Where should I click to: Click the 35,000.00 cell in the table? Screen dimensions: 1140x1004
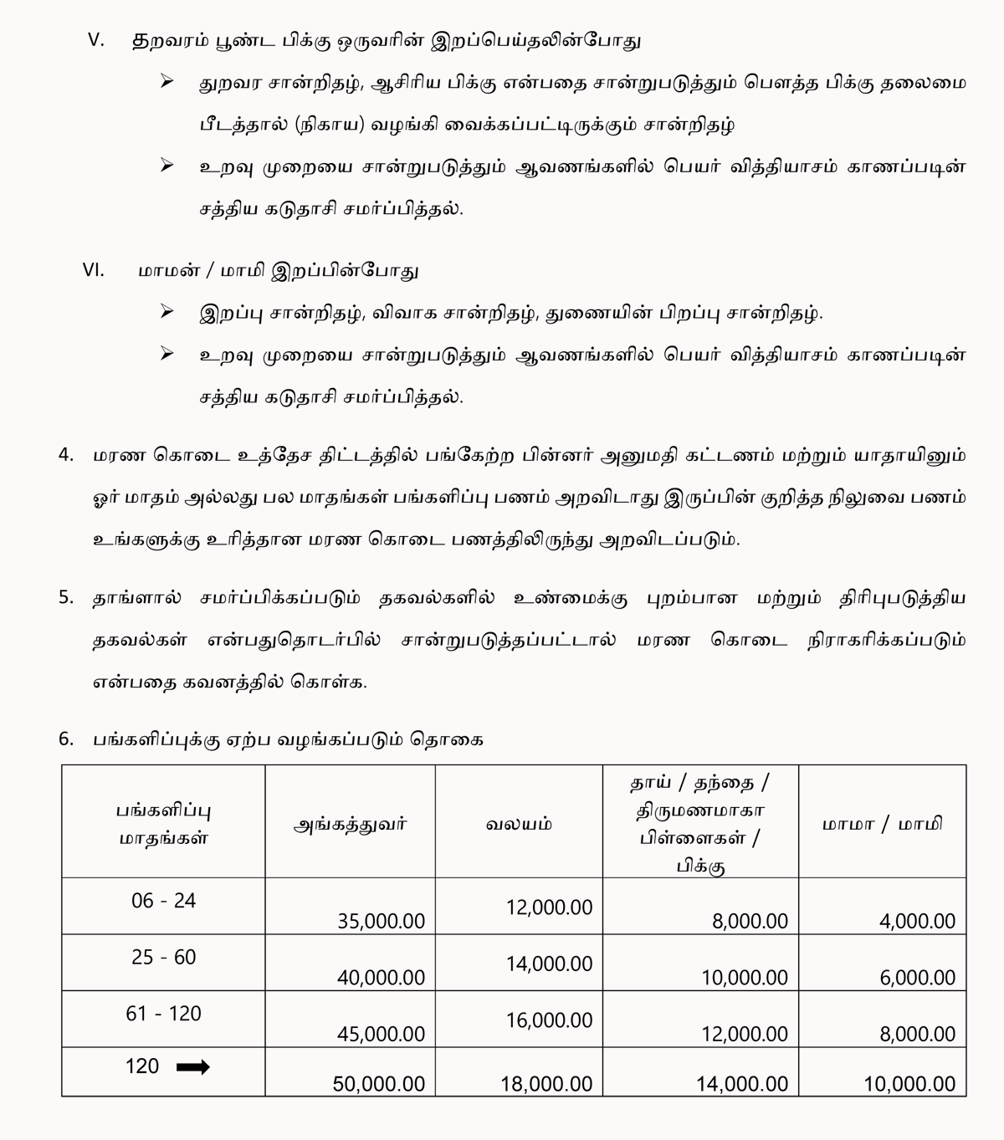coord(381,921)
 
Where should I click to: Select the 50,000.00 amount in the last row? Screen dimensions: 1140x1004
coord(378,1084)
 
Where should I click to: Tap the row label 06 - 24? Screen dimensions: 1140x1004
coord(163,901)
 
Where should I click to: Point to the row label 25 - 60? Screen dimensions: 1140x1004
coord(163,957)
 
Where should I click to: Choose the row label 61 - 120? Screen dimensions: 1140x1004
coord(163,1014)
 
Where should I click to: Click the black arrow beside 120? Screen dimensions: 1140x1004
coord(193,1066)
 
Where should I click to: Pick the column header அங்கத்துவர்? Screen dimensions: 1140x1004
coord(350,824)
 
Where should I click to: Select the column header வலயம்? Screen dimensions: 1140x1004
coord(519,824)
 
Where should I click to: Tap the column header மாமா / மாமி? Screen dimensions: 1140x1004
coord(882,824)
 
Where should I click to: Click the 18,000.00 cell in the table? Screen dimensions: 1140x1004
coord(546,1084)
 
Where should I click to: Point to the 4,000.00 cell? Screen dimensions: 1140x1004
coord(917,921)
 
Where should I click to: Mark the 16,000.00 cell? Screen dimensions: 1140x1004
coord(549,1020)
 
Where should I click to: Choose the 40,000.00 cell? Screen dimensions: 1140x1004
coord(381,977)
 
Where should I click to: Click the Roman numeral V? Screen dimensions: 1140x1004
coord(96,41)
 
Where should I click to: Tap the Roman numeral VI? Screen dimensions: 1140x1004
coord(94,270)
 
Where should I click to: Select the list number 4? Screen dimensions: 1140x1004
coord(66,456)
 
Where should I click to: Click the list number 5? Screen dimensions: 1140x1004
coord(66,598)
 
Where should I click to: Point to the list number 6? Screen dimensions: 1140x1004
coord(66,739)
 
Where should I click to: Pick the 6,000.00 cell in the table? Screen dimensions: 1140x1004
coord(917,977)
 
